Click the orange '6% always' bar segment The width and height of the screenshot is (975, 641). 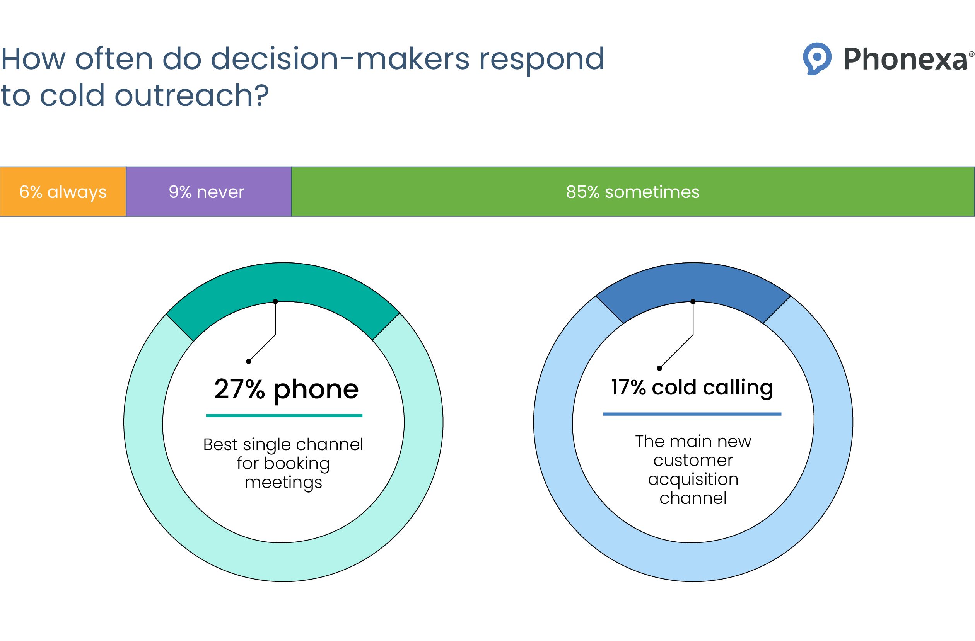pyautogui.click(x=63, y=192)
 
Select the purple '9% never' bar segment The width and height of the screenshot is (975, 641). pyautogui.click(x=208, y=192)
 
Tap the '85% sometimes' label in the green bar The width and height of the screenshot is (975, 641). pyautogui.click(x=632, y=192)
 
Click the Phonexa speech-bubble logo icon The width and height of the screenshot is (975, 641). pyautogui.click(x=817, y=58)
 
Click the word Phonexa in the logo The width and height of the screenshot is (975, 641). pyautogui.click(x=905, y=60)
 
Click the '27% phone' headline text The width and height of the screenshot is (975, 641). pyautogui.click(x=286, y=389)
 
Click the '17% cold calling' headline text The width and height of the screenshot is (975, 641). pyautogui.click(x=692, y=387)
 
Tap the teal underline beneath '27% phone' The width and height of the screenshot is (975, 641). pyautogui.click(x=284, y=415)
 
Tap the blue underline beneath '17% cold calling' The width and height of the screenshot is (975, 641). pyautogui.click(x=692, y=414)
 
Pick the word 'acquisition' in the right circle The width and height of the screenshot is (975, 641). pyautogui.click(x=693, y=479)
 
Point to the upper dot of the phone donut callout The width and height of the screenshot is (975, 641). pyautogui.click(x=275, y=301)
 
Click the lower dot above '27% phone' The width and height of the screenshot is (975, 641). pyautogui.click(x=249, y=361)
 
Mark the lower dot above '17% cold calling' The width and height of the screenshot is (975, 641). pyautogui.click(x=659, y=368)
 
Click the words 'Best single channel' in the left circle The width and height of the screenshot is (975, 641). pyautogui.click(x=283, y=444)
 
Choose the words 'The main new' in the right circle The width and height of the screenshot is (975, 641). pyautogui.click(x=693, y=441)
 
